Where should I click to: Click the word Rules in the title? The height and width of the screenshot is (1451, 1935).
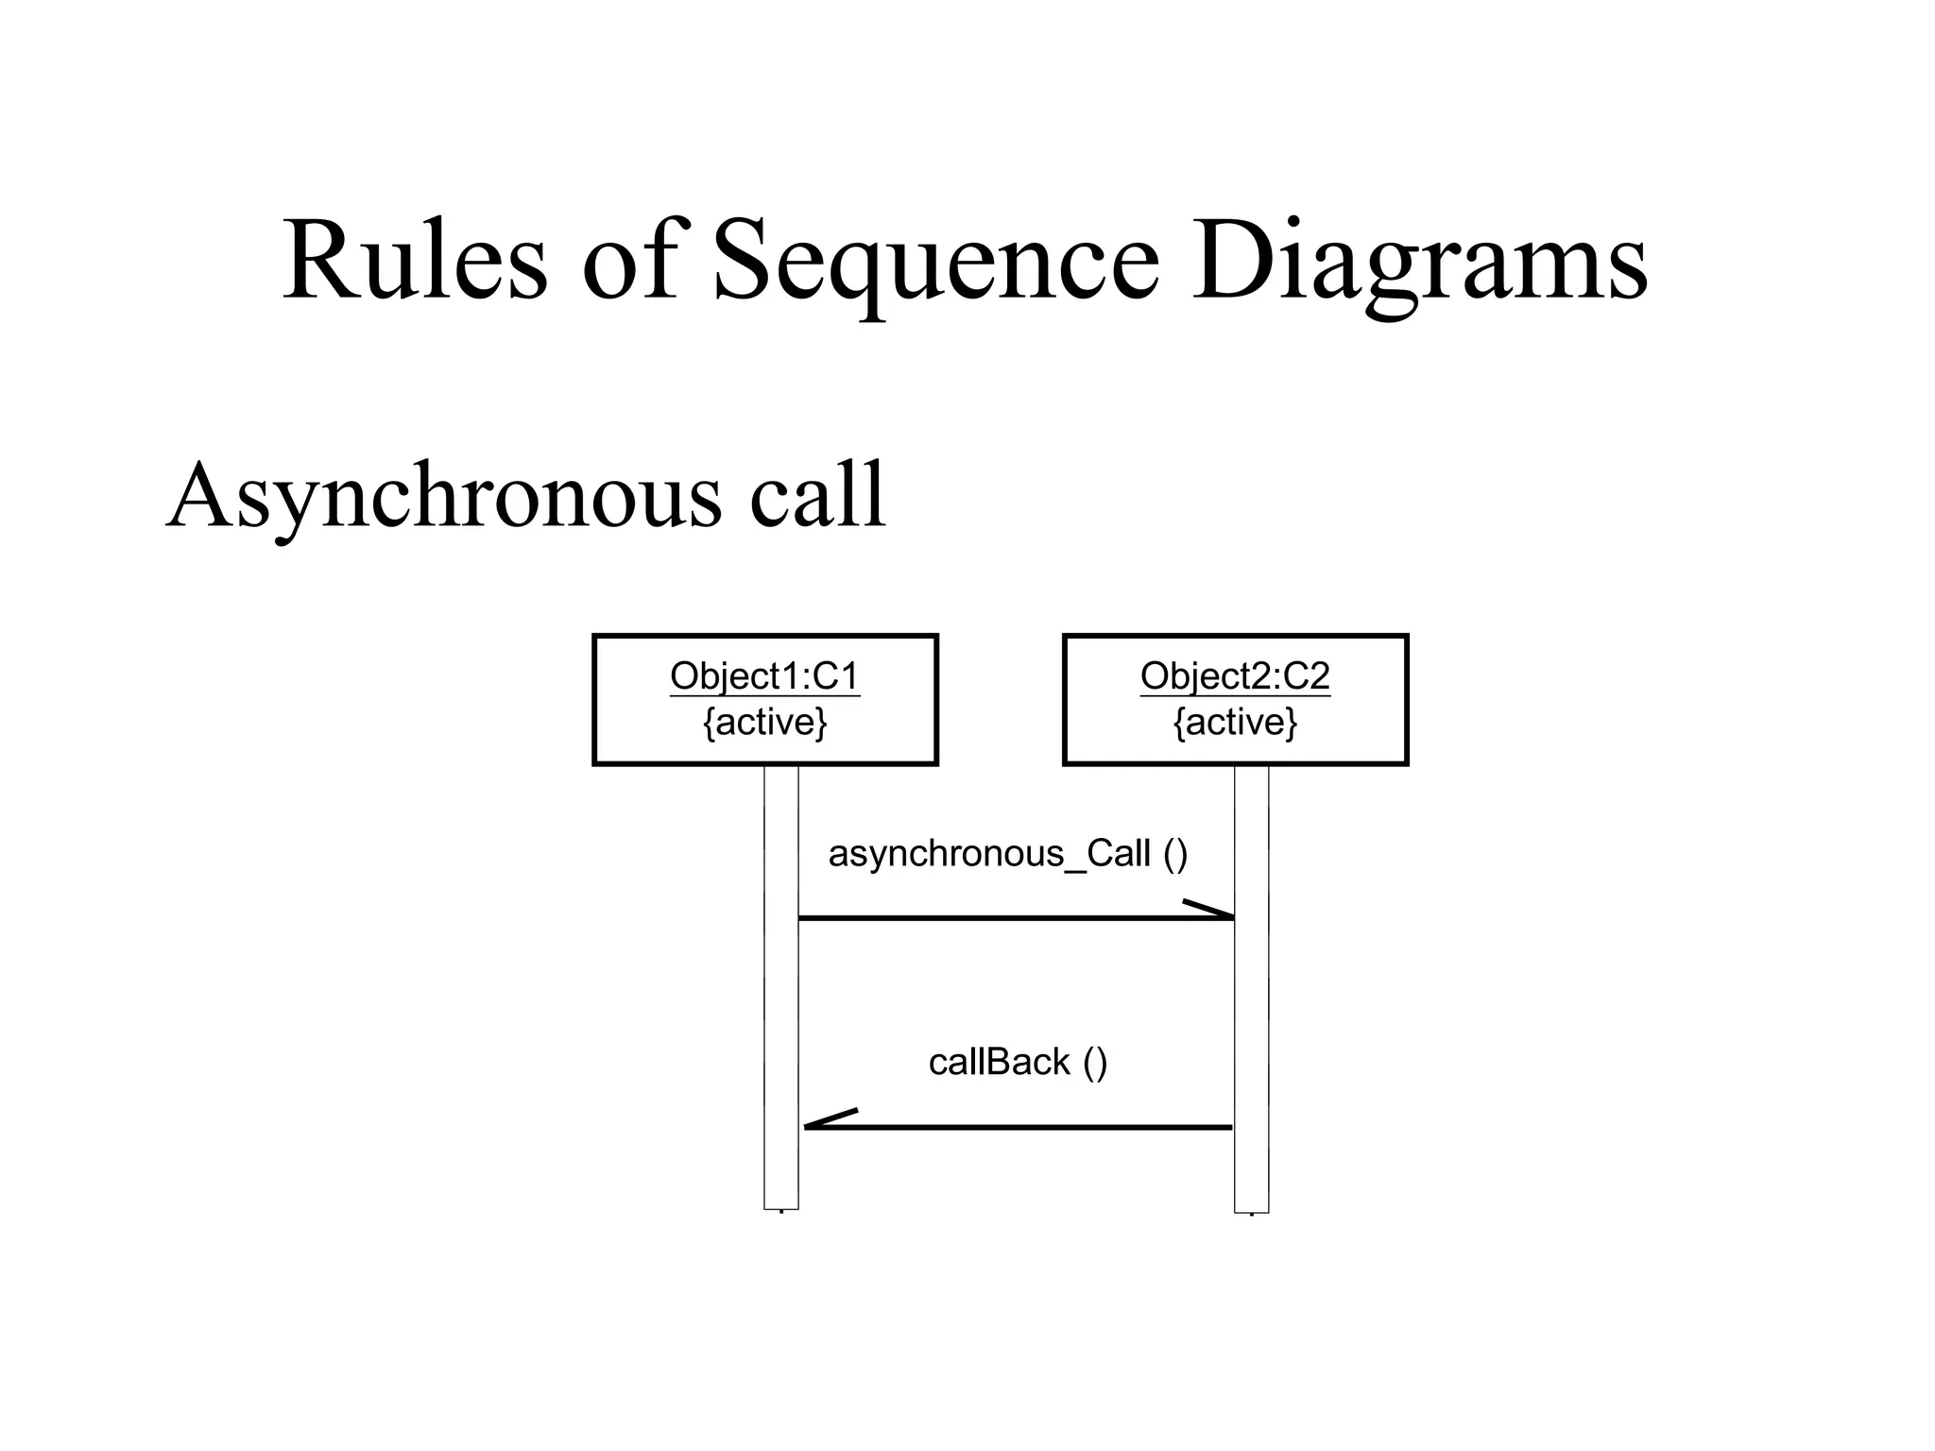click(x=414, y=260)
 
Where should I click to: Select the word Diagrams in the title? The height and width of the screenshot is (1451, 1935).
click(x=1419, y=260)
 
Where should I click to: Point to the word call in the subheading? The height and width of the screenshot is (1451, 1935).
click(x=817, y=496)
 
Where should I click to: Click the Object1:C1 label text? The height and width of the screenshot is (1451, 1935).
click(x=764, y=676)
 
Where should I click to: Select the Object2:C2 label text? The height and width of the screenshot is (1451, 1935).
click(x=1235, y=676)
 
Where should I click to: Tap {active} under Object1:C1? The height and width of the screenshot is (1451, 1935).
click(x=764, y=723)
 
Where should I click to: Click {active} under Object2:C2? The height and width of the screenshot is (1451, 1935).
click(x=1235, y=723)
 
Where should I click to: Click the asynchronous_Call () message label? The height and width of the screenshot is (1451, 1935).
click(x=1007, y=854)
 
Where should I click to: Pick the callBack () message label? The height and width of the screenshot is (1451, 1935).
click(x=1018, y=1063)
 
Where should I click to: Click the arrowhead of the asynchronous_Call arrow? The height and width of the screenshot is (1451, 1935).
click(x=1215, y=911)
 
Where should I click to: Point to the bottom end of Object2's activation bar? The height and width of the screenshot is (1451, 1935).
click(x=1251, y=1209)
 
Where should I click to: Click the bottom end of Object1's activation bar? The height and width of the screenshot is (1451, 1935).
click(x=781, y=1206)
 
